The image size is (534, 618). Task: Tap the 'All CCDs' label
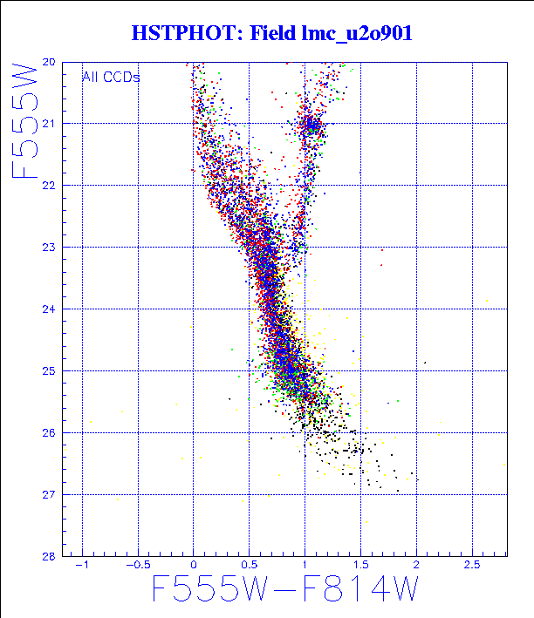(111, 77)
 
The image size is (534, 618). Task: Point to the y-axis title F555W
(25, 119)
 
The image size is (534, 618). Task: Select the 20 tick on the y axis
(49, 63)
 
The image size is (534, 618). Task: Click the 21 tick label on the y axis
(49, 124)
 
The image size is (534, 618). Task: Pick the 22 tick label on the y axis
(49, 186)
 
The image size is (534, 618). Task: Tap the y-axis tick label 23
(49, 248)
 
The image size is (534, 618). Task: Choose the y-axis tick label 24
(49, 309)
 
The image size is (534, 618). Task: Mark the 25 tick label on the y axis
(49, 371)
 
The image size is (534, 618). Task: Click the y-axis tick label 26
(49, 433)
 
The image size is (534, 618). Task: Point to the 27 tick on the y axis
(49, 495)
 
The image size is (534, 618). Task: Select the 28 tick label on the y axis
(49, 556)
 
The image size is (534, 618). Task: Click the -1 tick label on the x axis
(82, 566)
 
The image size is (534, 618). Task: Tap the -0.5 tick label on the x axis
(138, 566)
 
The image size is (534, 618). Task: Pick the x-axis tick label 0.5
(249, 566)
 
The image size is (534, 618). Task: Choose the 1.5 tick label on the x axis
(360, 566)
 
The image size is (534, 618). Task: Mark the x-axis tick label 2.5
(472, 566)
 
